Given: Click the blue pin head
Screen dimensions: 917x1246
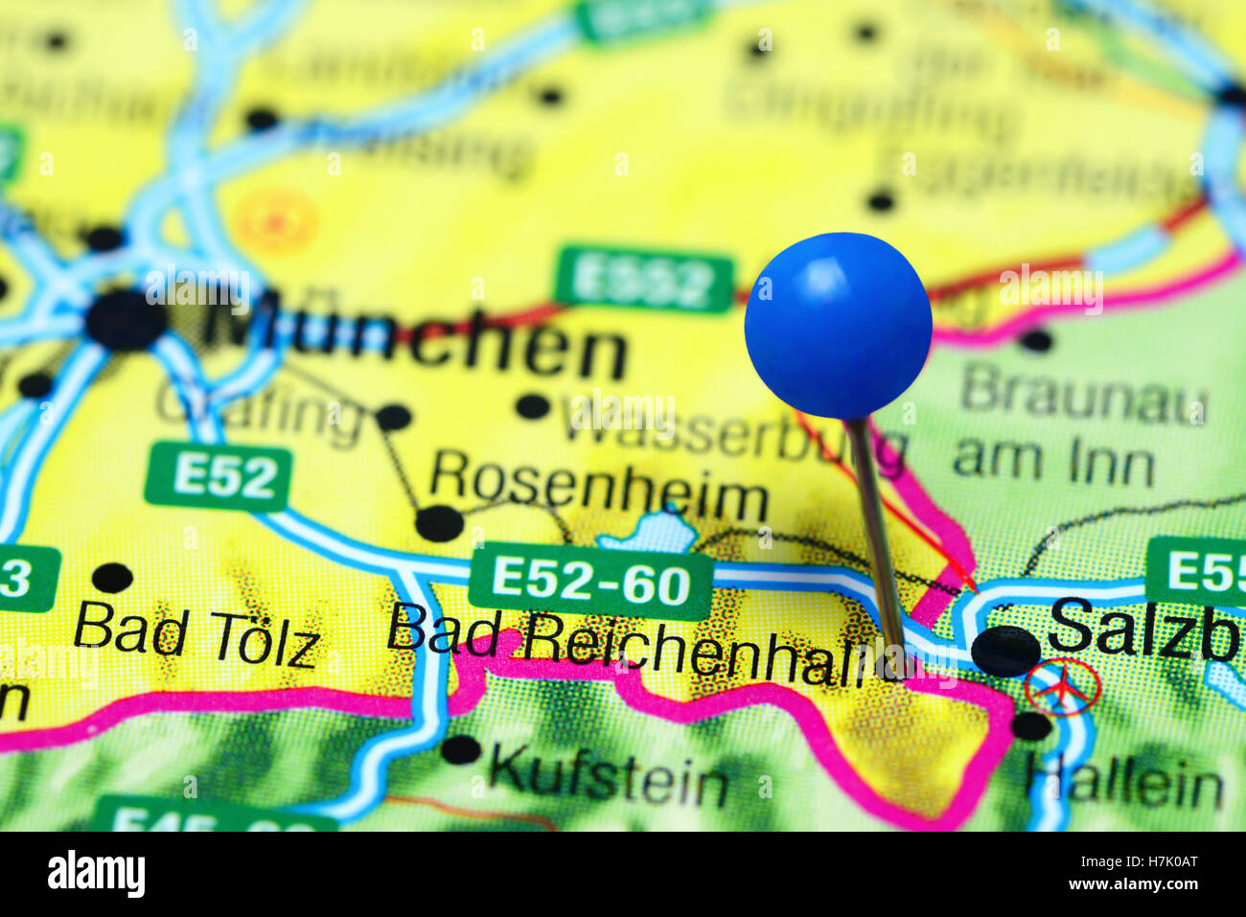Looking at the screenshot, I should click(x=838, y=325).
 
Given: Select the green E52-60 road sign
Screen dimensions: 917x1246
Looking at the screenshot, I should click(x=590, y=581).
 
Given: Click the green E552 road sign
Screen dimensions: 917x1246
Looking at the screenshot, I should click(x=644, y=281).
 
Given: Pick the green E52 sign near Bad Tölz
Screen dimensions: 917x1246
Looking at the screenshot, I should click(x=218, y=476).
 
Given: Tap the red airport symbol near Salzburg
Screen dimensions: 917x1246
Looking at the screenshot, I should click(x=1061, y=687).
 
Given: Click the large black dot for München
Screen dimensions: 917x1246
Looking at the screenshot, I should click(x=125, y=320).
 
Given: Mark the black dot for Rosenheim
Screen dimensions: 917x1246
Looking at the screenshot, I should click(x=439, y=523).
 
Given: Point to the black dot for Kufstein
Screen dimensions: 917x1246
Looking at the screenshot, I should click(x=461, y=749).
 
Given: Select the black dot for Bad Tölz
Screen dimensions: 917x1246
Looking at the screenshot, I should click(x=112, y=578).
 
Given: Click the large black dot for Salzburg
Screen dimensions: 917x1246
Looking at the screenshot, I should click(x=1004, y=651).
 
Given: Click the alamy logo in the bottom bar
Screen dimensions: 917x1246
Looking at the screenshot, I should click(x=97, y=874).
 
